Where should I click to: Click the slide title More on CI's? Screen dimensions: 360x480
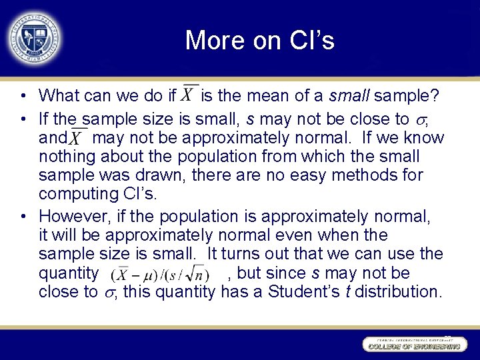tap(259, 41)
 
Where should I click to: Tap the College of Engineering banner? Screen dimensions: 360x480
tap(412, 345)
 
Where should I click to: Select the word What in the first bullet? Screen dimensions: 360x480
tap(58, 97)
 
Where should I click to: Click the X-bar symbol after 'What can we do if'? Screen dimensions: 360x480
tap(189, 95)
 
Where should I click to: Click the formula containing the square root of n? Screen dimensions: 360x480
tap(161, 274)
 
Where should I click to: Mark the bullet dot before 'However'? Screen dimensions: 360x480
tap(23, 217)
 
